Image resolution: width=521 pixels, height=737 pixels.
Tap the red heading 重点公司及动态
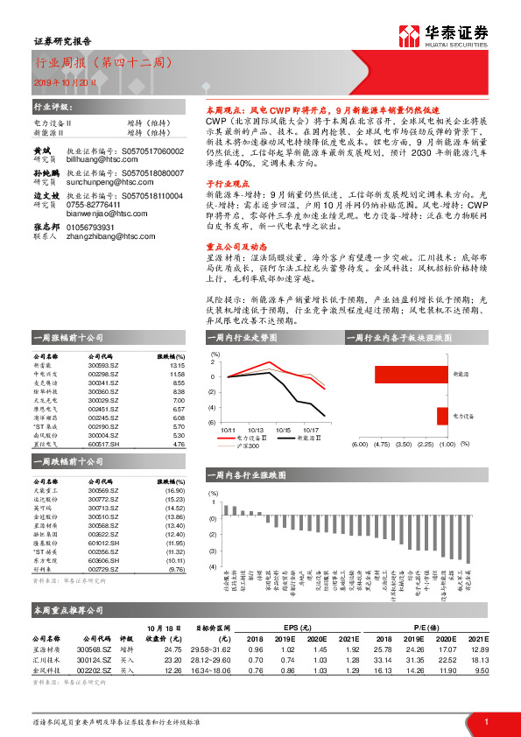229,248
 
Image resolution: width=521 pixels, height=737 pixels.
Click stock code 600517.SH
103,445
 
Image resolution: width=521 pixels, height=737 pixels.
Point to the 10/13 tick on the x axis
256,430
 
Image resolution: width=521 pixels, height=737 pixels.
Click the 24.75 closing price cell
171,649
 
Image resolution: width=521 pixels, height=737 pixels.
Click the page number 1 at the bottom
485,720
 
